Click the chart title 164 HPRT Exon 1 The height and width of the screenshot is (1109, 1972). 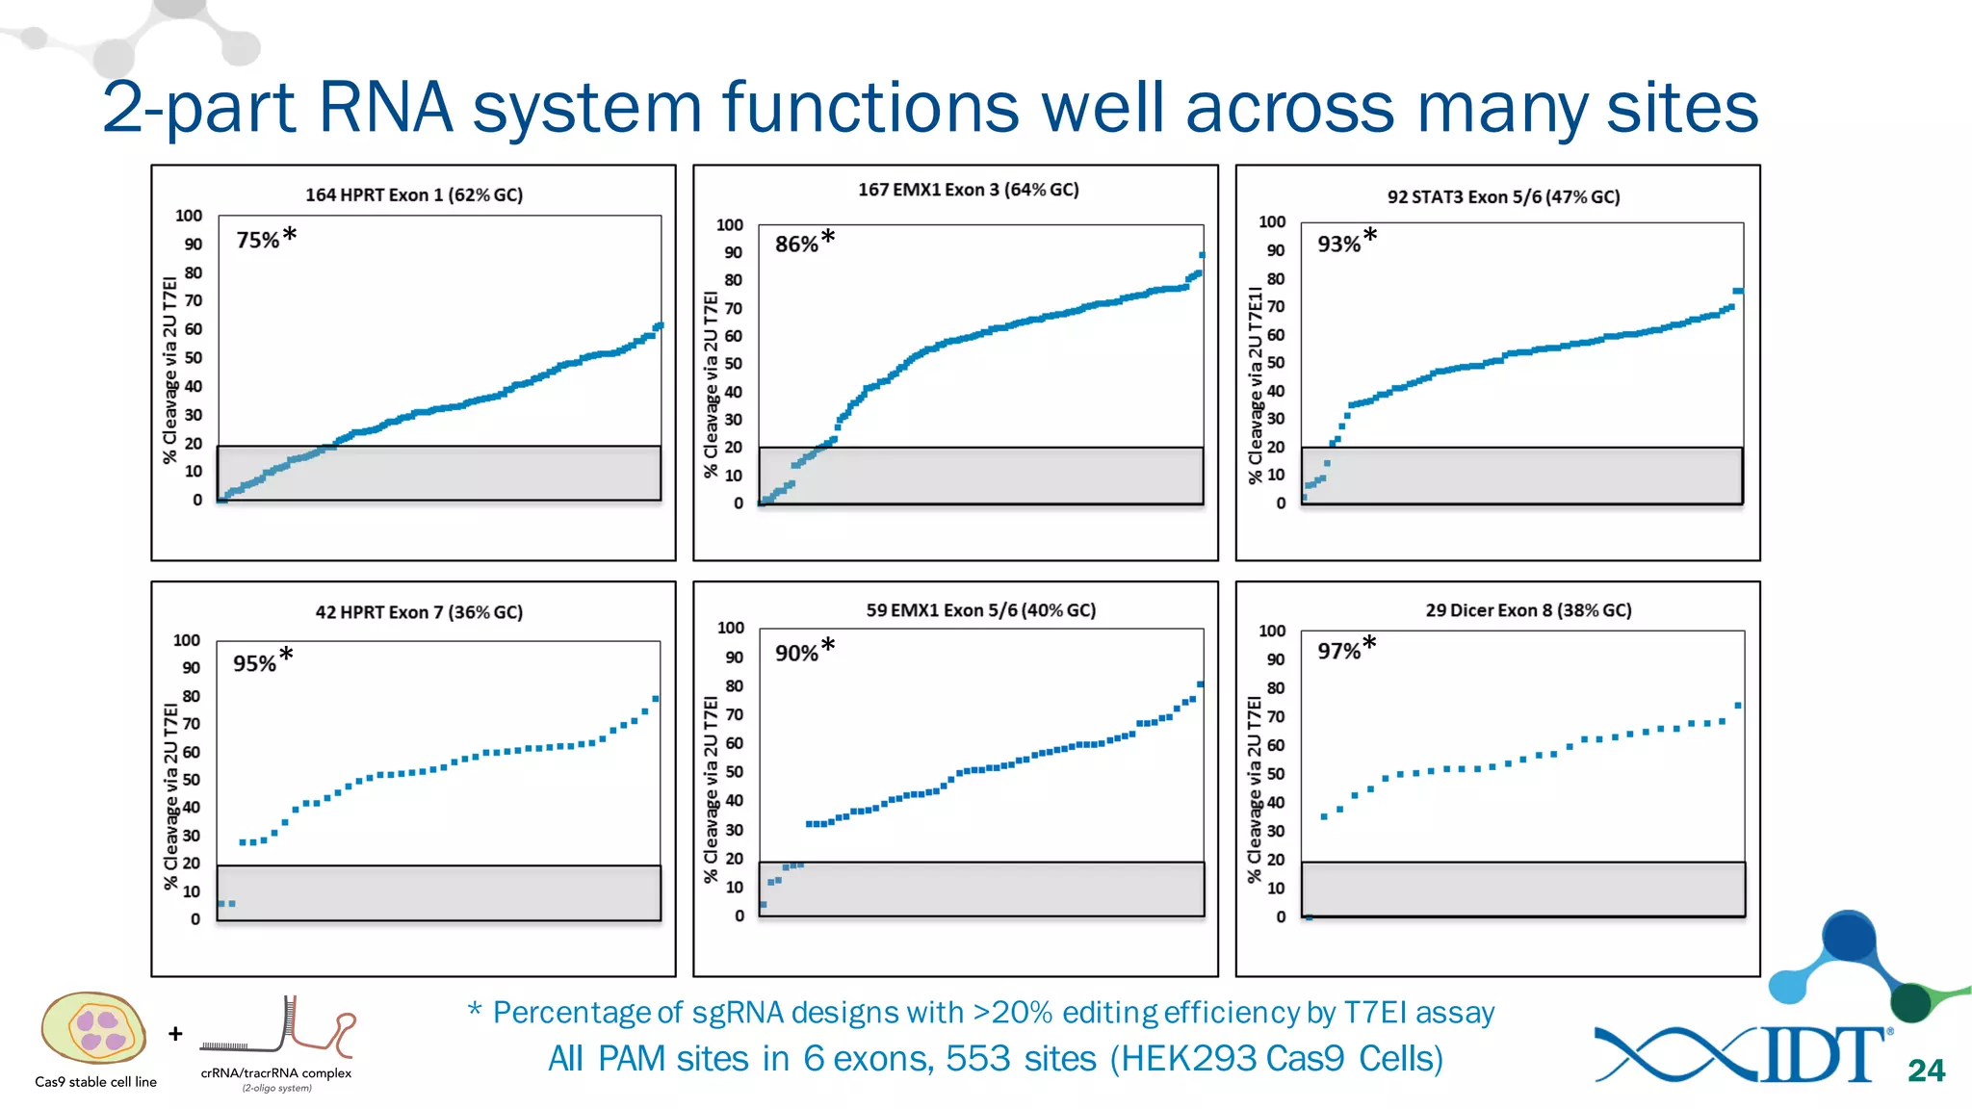[x=414, y=194]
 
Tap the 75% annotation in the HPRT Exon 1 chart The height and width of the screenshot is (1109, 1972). [x=258, y=240]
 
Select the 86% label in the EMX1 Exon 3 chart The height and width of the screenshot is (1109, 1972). [x=797, y=244]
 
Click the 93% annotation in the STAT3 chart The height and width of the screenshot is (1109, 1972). [x=1339, y=244]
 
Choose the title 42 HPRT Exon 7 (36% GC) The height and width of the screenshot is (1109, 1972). [x=419, y=612]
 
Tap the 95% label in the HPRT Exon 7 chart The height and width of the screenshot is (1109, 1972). [x=254, y=663]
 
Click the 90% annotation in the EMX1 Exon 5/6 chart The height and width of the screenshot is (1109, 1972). [x=797, y=653]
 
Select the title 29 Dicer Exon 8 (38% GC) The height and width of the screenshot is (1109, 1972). [x=1528, y=610]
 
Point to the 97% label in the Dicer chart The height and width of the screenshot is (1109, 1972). [x=1339, y=651]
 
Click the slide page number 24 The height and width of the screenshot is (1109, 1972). [x=1926, y=1070]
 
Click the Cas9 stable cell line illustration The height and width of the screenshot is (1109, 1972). [x=93, y=1028]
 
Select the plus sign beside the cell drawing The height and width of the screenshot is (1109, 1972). [x=175, y=1034]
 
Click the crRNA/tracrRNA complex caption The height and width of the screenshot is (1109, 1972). [x=275, y=1072]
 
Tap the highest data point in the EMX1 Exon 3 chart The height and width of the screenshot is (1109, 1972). [x=1202, y=255]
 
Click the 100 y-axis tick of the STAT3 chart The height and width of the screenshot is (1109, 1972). [x=1272, y=221]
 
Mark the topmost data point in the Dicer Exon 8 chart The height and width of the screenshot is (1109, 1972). [x=1738, y=706]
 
